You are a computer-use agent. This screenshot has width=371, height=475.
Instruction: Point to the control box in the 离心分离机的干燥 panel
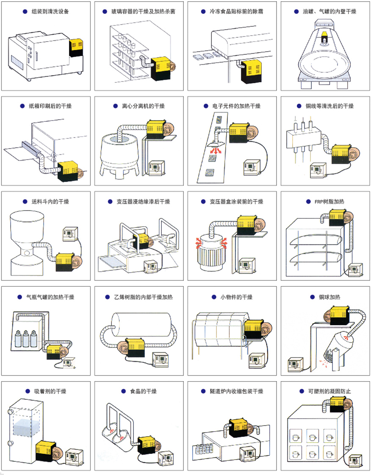(156, 168)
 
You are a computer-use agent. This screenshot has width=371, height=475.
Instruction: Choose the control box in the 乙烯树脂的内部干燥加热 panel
(161, 359)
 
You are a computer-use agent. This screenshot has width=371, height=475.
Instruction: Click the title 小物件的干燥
(236, 296)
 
